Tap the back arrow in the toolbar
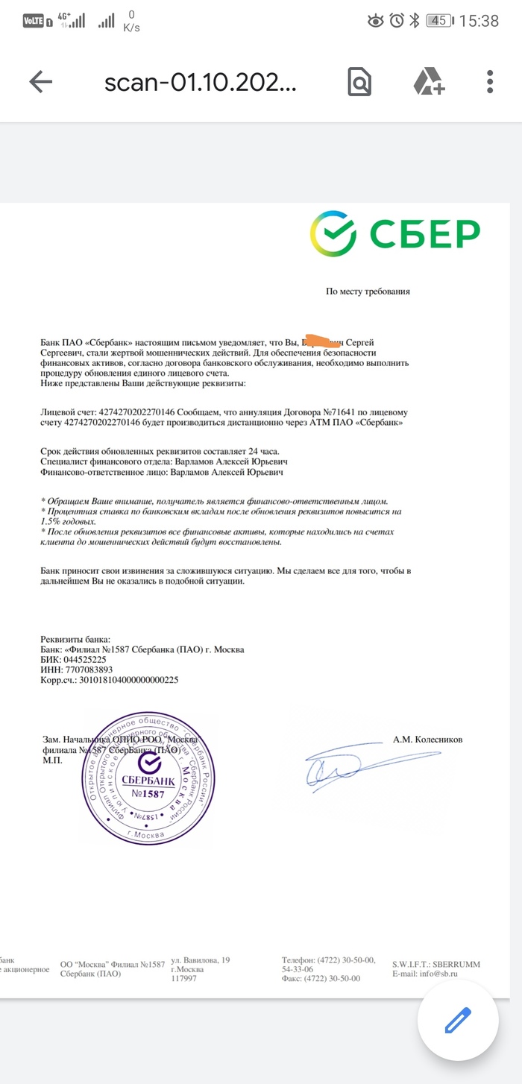40,82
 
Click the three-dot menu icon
490,82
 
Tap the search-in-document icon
359,82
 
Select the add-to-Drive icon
429,82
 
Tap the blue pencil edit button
457,1020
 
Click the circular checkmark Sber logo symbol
333,233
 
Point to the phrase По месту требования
368,292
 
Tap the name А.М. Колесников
427,740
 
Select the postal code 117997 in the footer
183,978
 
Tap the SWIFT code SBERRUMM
456,964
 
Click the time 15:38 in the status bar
478,21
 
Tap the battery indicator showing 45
438,21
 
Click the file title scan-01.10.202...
201,82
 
